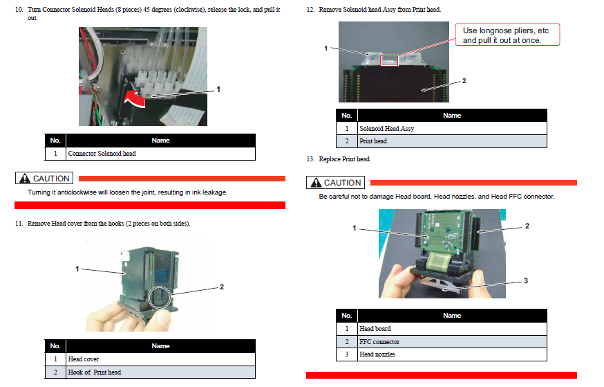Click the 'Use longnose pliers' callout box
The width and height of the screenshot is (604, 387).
point(507,35)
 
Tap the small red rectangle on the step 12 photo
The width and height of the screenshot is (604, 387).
point(389,61)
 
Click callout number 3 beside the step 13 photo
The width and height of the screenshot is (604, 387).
point(526,280)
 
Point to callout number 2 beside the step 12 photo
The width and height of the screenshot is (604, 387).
point(464,80)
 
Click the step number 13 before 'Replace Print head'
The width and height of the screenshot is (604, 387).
point(310,159)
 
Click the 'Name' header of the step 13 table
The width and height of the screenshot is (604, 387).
point(452,316)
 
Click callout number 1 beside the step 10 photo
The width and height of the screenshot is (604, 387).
point(218,89)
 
